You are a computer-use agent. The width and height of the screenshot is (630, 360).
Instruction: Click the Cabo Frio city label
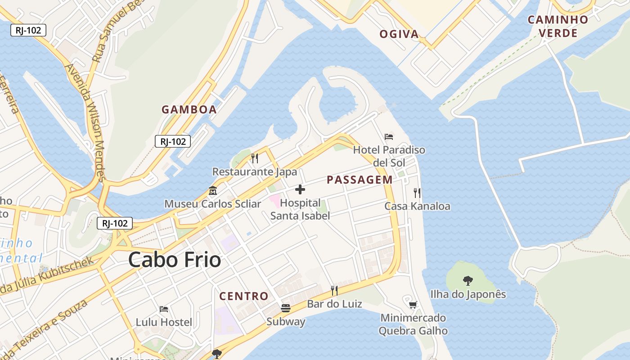[175, 260]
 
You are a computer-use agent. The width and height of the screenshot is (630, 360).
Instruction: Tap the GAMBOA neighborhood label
[189, 109]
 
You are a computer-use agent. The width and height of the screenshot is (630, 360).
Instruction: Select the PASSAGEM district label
[360, 180]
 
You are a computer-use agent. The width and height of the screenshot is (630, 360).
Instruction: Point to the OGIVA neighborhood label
[399, 34]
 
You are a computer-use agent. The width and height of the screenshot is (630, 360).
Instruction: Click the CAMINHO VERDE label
[558, 26]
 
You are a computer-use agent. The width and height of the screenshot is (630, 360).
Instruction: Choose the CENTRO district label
[243, 296]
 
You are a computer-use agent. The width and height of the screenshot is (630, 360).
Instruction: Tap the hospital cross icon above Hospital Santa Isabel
[300, 189]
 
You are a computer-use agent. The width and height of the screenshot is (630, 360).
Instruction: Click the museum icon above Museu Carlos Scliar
[212, 191]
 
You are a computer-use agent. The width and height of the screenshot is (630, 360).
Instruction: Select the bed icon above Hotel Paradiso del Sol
[389, 136]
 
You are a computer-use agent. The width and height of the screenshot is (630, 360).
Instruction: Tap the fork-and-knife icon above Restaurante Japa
[254, 158]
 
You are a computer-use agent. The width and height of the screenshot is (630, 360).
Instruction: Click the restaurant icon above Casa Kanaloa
[417, 193]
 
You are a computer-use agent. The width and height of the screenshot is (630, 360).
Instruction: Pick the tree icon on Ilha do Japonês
[468, 281]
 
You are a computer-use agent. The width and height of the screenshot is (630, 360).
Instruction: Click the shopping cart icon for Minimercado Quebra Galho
[413, 305]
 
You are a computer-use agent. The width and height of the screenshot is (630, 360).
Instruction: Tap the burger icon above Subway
[286, 308]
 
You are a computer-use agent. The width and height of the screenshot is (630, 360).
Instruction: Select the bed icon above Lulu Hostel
[164, 309]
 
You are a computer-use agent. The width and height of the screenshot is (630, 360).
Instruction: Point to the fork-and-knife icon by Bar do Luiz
[334, 290]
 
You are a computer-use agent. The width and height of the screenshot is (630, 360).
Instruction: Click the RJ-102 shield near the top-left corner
[28, 30]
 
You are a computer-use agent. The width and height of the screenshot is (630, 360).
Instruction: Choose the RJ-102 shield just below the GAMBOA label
[173, 141]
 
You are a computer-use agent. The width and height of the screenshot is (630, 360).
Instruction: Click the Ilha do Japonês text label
[468, 294]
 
